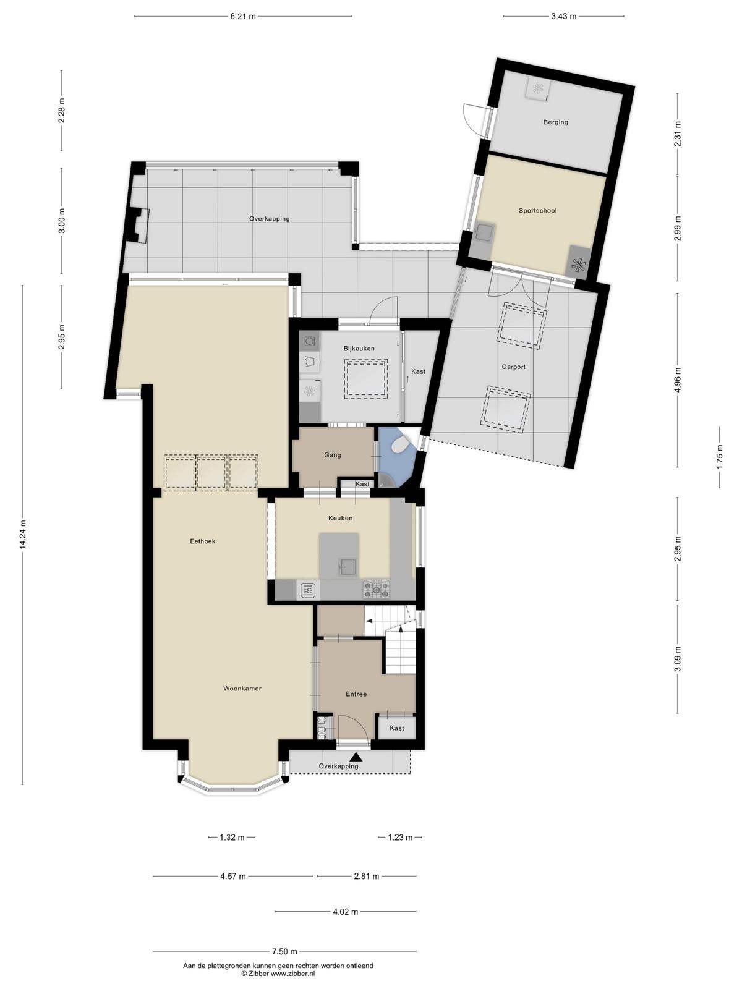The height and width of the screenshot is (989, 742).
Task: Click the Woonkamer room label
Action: coord(242,688)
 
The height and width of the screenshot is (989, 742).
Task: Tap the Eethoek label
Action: coord(202,541)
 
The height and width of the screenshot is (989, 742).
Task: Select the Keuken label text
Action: coord(340,518)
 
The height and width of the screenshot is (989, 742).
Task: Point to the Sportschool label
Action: coord(537,210)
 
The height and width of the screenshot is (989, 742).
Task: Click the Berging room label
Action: coord(555,122)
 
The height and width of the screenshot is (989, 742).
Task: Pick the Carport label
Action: coord(514,367)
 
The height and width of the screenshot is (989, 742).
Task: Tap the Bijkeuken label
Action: coord(359,348)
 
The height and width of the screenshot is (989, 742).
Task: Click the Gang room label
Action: coord(333,455)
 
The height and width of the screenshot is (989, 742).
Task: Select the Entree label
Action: coord(356,694)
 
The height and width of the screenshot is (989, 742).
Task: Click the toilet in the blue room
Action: coord(400,446)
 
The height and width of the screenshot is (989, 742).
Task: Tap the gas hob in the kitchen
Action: coord(377,589)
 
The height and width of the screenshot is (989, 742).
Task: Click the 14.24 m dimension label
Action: coord(23,535)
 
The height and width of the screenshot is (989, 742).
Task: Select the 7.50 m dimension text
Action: coord(284,939)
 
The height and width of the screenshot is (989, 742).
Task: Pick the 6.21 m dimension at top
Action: coord(243,17)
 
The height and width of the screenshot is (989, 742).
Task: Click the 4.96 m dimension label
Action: coord(678,380)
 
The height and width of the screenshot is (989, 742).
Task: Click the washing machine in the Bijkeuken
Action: coord(310,342)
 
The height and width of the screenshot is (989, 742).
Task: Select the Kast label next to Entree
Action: coord(397,728)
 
